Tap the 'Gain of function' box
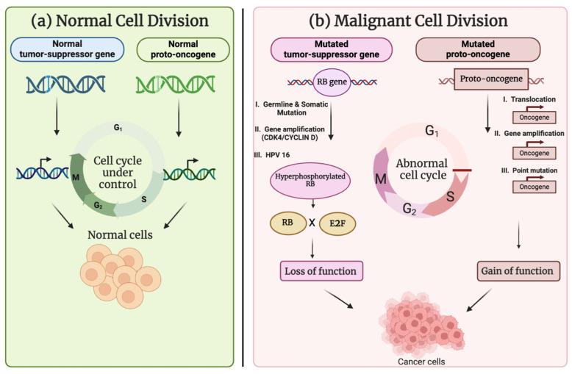[x=516, y=271]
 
